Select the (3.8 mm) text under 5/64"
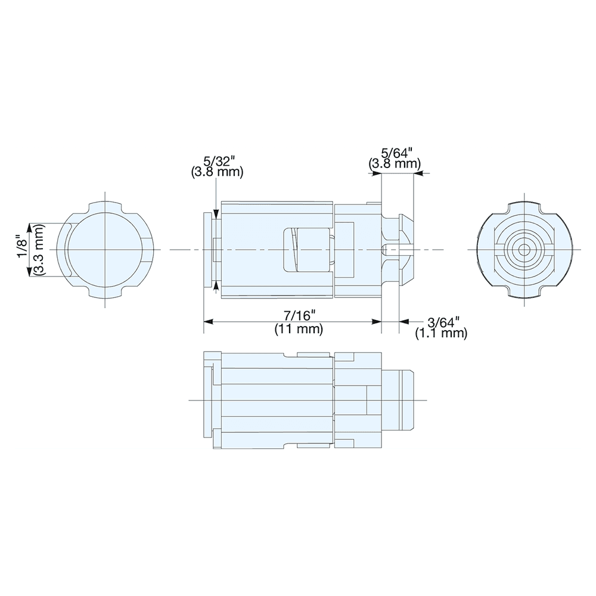[x=395, y=163]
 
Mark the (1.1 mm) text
[x=440, y=334]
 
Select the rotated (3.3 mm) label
[x=38, y=249]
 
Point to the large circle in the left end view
[x=105, y=249]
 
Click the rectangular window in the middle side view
[x=306, y=249]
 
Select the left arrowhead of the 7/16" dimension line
[x=208, y=322]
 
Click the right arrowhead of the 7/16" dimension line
[x=377, y=322]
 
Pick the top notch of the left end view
[x=105, y=207]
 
